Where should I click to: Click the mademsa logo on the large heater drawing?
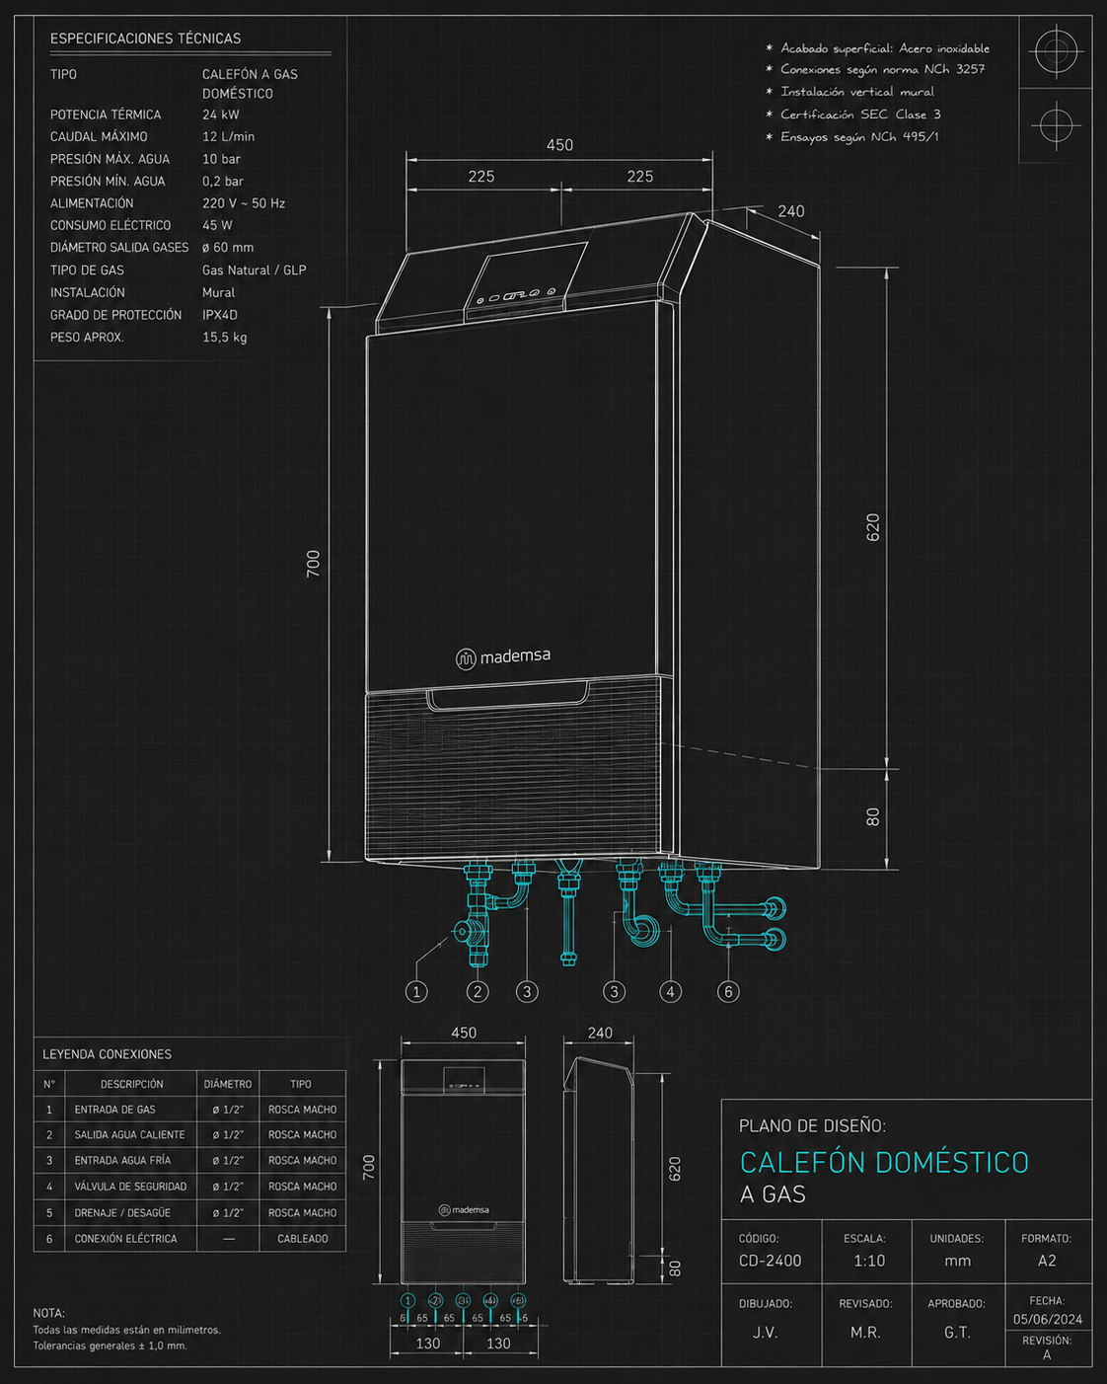(x=503, y=657)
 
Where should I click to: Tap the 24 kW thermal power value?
(x=220, y=115)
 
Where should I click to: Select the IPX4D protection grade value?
(x=220, y=315)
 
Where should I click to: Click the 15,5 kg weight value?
(x=224, y=337)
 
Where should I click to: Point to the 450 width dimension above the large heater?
(x=559, y=145)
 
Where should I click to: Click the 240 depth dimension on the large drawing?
(x=790, y=211)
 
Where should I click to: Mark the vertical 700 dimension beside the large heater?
(x=313, y=564)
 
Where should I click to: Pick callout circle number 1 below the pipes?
(x=416, y=992)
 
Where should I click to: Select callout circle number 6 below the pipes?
(x=728, y=992)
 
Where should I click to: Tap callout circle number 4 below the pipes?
(x=671, y=992)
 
